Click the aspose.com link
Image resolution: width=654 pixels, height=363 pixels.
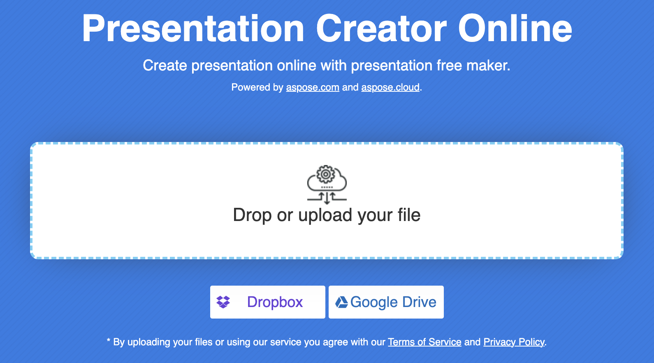[x=313, y=87]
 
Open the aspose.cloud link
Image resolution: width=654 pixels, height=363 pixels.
[x=390, y=87]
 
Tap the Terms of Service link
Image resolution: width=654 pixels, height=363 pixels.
[x=424, y=342]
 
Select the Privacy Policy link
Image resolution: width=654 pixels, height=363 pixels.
[x=514, y=342]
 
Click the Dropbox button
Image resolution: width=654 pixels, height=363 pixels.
[x=267, y=302]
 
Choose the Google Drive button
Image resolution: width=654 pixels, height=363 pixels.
[x=386, y=302]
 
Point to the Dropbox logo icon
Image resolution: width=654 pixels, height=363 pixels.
[x=223, y=302]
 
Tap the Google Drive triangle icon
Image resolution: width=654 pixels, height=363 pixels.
[x=341, y=302]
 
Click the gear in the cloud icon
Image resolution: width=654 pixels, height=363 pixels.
[x=325, y=174]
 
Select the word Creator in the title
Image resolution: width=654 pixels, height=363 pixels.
[x=381, y=29]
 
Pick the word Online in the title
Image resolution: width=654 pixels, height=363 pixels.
[x=515, y=29]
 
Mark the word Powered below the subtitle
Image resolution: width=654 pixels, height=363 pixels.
[x=250, y=87]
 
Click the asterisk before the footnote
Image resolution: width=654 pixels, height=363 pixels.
[x=109, y=340]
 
